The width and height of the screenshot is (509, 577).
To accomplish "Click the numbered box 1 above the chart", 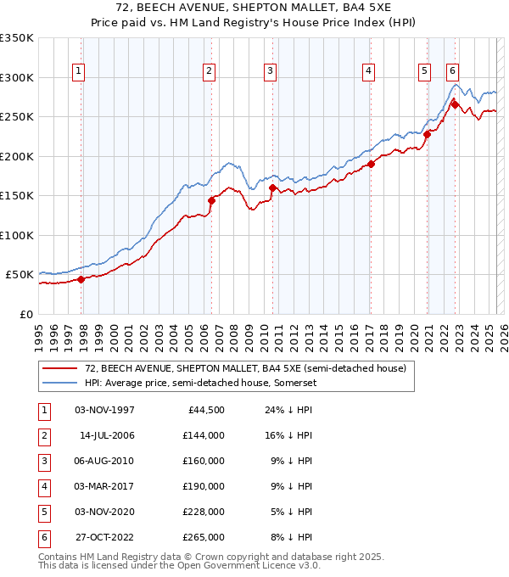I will pyautogui.click(x=78, y=72).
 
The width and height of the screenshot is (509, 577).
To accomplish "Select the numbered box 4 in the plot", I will pyautogui.click(x=368, y=72).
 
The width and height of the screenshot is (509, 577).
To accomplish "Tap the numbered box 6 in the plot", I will pyautogui.click(x=452, y=72).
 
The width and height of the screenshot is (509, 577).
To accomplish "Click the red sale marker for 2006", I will pyautogui.click(x=211, y=200).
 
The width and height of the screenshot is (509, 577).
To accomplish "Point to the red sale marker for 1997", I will pyautogui.click(x=81, y=279).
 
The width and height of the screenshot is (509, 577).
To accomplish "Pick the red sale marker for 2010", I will pyautogui.click(x=272, y=188).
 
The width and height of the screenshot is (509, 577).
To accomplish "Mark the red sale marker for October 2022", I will pyautogui.click(x=455, y=105).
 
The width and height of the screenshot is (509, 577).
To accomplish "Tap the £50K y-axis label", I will pyautogui.click(x=20, y=275).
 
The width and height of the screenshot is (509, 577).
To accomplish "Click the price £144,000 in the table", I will pyautogui.click(x=204, y=435).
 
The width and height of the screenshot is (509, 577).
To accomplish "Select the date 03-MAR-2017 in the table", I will pyautogui.click(x=104, y=486).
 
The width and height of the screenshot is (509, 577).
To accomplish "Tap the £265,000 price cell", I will pyautogui.click(x=204, y=537).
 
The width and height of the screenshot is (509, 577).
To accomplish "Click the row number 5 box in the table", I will pyautogui.click(x=43, y=512).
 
